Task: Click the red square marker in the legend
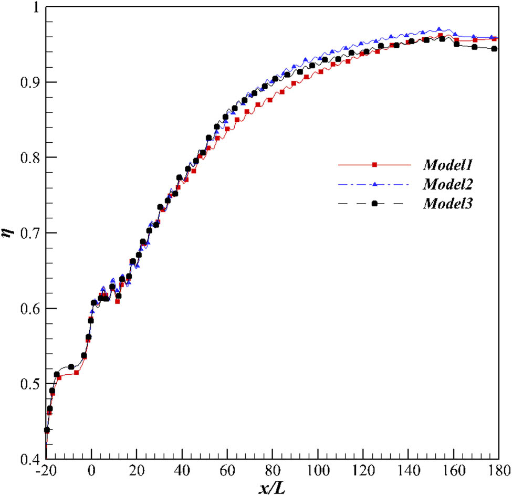374,165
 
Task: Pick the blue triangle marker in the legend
374,184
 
